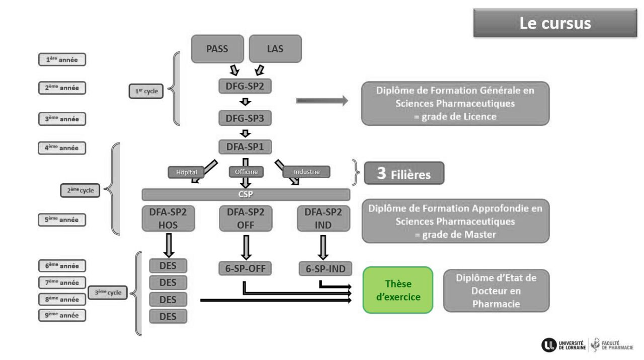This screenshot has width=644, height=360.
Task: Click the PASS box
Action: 217,49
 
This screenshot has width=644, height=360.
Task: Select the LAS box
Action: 275,49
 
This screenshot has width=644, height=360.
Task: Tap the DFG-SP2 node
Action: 245,86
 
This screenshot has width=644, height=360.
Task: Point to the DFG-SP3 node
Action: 245,118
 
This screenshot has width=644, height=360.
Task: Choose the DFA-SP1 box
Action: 245,147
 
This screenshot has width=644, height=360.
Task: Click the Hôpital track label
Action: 186,172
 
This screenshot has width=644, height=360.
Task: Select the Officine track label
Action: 246,172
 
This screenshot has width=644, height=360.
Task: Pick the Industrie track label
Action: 307,172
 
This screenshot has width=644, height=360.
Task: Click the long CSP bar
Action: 246,195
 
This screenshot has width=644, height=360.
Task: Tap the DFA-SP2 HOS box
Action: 168,219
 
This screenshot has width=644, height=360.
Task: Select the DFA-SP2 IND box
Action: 323,219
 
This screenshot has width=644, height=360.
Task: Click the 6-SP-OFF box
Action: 245,269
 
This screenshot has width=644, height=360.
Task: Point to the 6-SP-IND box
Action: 326,269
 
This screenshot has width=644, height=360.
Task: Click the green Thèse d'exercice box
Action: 398,290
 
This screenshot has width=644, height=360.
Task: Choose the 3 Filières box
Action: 404,173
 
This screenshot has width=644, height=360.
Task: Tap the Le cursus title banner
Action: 555,23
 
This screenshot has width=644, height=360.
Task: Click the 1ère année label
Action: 62,59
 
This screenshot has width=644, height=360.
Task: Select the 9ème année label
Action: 62,315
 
